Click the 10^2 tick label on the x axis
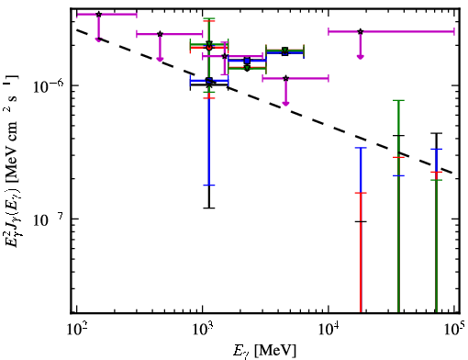77,330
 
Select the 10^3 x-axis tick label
203,330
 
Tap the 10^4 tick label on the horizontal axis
329,330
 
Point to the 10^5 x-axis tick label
455,329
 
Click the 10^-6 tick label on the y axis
48,86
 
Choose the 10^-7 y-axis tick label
48,219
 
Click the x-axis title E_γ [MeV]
264,351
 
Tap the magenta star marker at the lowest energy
98,15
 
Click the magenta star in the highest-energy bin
361,31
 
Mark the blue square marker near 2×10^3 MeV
247,61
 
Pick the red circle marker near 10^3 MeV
209,48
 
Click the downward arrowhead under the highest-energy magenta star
361,57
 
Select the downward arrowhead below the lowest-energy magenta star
98,39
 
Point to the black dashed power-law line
265,101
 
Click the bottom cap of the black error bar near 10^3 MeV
209,208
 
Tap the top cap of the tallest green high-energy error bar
398,100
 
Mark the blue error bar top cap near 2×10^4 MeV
361,148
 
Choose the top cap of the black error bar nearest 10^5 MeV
436,133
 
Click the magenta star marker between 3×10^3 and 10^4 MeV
285,78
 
